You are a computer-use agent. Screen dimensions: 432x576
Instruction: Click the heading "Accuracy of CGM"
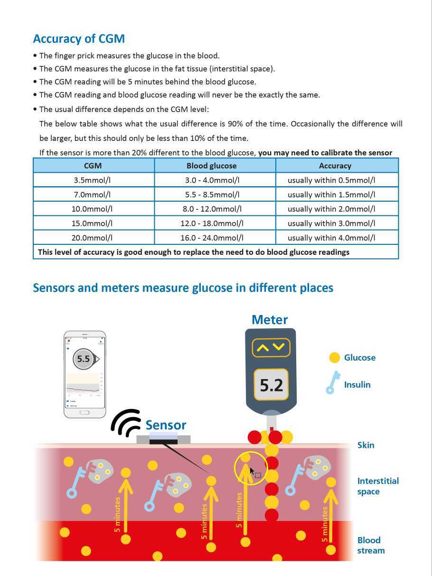click(x=79, y=39)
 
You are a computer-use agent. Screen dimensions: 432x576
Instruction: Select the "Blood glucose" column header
click(x=211, y=166)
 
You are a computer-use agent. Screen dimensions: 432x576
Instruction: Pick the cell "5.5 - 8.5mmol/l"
click(x=212, y=195)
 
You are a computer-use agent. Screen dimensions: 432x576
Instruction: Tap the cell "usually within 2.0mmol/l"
click(x=331, y=209)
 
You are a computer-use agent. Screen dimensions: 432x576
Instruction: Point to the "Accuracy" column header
click(x=335, y=166)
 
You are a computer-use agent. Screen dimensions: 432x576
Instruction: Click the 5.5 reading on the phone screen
click(x=84, y=359)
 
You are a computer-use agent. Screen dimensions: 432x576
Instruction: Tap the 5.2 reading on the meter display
click(x=271, y=385)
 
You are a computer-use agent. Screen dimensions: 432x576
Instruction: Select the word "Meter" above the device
click(x=270, y=320)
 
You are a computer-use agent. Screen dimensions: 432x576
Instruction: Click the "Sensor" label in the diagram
click(x=166, y=425)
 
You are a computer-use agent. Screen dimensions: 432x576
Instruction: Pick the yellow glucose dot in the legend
click(x=335, y=358)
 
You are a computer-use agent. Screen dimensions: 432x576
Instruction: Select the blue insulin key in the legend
click(x=333, y=383)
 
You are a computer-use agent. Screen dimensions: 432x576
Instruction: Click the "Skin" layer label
click(x=366, y=445)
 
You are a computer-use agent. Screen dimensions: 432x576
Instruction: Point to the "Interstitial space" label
click(x=377, y=486)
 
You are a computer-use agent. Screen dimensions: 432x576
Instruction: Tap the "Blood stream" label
click(x=371, y=545)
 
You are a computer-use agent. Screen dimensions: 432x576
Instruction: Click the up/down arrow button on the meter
click(x=271, y=348)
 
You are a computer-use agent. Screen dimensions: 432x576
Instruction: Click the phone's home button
click(x=85, y=413)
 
